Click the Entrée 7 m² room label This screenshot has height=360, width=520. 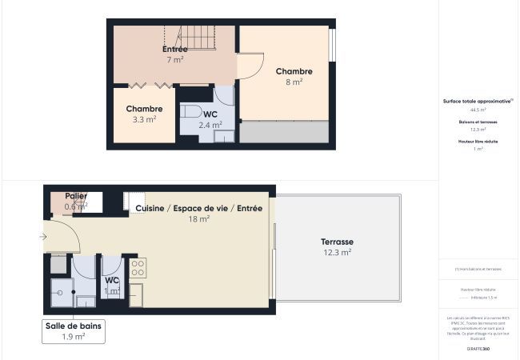(x=174, y=54)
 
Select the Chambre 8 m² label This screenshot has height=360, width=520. (x=294, y=76)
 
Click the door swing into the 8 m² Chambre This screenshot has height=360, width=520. (x=250, y=66)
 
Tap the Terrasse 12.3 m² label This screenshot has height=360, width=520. (x=337, y=246)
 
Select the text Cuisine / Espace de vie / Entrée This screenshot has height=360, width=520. (x=198, y=208)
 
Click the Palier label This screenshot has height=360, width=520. (x=77, y=196)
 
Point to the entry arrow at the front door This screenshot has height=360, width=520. (x=42, y=237)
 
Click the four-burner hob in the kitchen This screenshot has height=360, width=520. (x=138, y=266)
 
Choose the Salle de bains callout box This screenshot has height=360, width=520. (x=74, y=331)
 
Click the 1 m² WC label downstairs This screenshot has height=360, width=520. (x=112, y=286)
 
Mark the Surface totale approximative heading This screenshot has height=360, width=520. (x=478, y=102)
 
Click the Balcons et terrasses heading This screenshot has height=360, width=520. (x=478, y=122)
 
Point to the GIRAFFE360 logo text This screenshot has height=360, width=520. (x=478, y=349)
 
